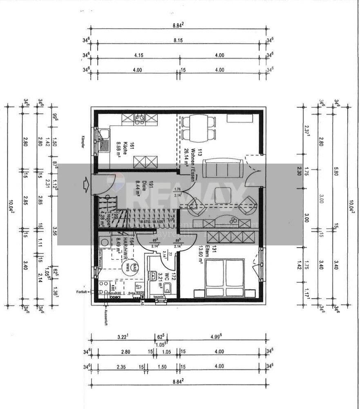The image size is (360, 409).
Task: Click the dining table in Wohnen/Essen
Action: point(198,128)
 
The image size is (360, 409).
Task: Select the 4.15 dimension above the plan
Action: point(138,55)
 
